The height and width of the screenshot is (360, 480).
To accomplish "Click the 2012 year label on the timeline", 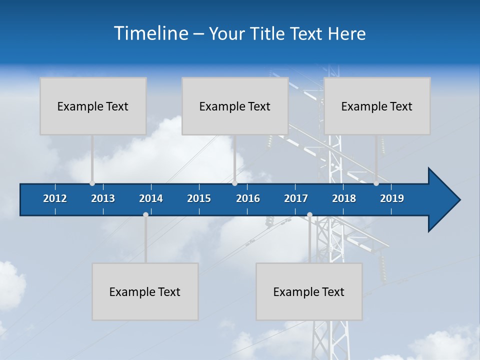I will click(x=55, y=198).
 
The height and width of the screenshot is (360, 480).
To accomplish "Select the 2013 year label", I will click(x=103, y=198).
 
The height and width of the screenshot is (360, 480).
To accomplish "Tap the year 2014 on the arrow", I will click(x=151, y=198).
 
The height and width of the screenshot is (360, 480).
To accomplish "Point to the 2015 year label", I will click(x=199, y=198).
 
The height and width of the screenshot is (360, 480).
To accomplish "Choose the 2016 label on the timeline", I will click(x=248, y=198).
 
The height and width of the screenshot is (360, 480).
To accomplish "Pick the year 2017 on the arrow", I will click(x=296, y=198).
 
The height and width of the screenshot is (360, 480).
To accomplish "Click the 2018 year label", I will click(x=344, y=198).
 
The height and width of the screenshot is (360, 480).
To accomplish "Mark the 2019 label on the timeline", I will click(x=392, y=198).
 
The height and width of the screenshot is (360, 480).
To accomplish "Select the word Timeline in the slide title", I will click(x=150, y=33).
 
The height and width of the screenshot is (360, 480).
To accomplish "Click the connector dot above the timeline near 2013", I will click(x=92, y=183).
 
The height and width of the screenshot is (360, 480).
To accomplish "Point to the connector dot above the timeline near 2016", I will click(x=234, y=183).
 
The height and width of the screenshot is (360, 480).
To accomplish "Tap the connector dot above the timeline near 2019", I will click(x=376, y=183).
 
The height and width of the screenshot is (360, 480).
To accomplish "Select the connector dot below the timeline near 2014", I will click(x=145, y=214).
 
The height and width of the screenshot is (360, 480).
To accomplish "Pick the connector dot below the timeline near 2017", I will click(x=309, y=214).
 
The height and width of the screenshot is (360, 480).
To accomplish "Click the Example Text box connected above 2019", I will click(x=377, y=106).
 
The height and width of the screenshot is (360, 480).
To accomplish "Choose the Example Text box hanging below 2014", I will click(x=145, y=291).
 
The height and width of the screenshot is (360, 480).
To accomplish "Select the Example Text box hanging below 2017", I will click(x=309, y=291).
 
